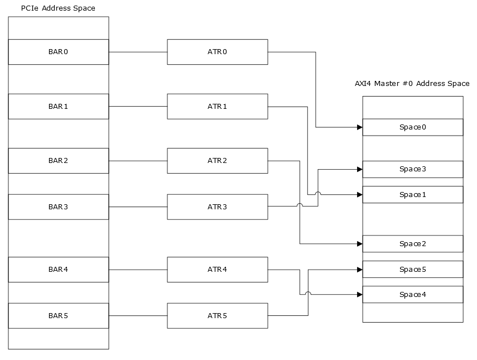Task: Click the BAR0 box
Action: coord(58,52)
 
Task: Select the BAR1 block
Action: coord(58,106)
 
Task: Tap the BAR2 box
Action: coord(58,161)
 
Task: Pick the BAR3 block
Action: coord(58,207)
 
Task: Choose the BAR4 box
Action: coord(58,270)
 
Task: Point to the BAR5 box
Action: coord(58,316)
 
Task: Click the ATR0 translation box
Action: coord(217,52)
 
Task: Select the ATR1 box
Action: coord(217,106)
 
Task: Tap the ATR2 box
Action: coord(217,161)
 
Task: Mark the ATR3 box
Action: coord(217,207)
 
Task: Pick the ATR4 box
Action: coord(217,270)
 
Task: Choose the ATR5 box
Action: coord(217,316)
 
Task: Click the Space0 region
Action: coord(412,127)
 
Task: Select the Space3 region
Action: coord(412,169)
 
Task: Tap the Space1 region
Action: coord(412,195)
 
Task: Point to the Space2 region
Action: coord(412,244)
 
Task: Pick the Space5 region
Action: coord(412,270)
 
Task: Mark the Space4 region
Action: coord(412,295)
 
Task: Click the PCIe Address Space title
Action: coord(58,8)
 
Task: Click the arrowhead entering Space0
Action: coord(359,127)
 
